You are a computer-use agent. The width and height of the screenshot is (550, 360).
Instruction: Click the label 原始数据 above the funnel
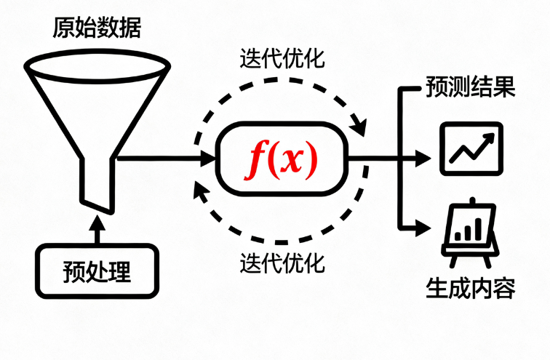point(97,28)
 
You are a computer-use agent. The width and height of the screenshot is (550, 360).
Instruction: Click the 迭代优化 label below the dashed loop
point(282,260)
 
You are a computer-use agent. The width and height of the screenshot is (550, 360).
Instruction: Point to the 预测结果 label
point(470,89)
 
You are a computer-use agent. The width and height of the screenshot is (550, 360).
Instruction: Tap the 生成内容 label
point(470,289)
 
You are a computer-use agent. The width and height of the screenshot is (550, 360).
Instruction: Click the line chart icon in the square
point(471,149)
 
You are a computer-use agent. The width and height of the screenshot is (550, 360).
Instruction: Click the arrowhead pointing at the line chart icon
point(428,157)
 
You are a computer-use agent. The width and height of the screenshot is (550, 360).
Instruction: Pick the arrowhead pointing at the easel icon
point(428,228)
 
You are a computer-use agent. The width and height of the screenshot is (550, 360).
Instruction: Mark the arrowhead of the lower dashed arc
point(200,191)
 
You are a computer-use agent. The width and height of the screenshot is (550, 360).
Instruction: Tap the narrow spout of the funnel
point(97,185)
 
